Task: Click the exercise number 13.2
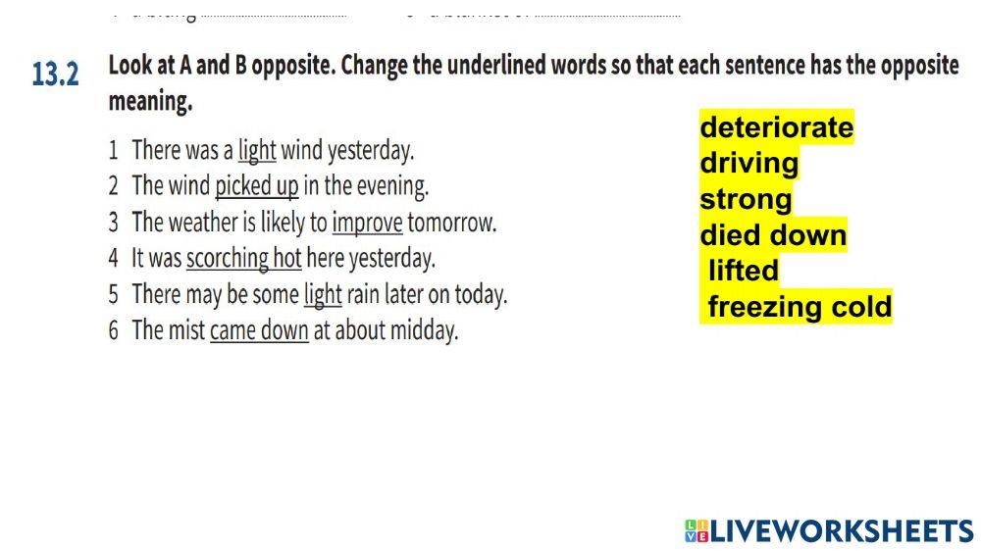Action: (x=55, y=75)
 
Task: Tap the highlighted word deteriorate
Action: (x=776, y=127)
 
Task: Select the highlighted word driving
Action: (x=749, y=163)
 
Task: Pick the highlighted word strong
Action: (x=745, y=199)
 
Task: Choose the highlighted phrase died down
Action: (x=772, y=235)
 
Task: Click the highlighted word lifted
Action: (x=743, y=271)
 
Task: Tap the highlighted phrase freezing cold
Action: (x=799, y=307)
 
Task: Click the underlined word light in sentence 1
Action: (x=257, y=151)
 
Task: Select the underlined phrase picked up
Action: (x=256, y=186)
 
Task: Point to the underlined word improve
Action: (x=367, y=223)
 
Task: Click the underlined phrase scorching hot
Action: (x=243, y=259)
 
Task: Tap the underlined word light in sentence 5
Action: (x=323, y=294)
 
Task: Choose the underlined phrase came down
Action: (x=259, y=330)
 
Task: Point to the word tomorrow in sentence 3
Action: (x=451, y=223)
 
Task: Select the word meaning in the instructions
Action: (x=149, y=102)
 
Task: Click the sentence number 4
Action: (x=114, y=259)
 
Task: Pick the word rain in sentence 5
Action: (x=364, y=294)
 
